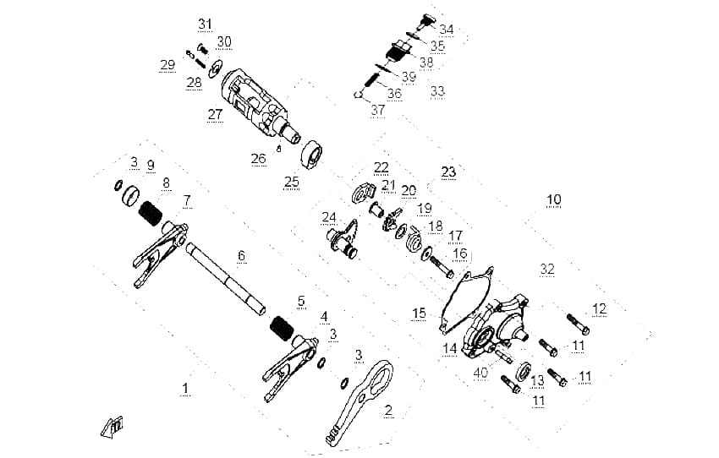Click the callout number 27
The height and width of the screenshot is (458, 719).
click(x=215, y=115)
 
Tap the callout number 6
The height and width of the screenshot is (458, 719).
click(x=242, y=255)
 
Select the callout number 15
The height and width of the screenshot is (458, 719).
click(x=419, y=314)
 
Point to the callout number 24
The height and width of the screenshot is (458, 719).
click(x=329, y=217)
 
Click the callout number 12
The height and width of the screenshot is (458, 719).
click(x=600, y=309)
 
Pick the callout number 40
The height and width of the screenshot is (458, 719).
click(x=480, y=373)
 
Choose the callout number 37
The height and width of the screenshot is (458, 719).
click(x=378, y=111)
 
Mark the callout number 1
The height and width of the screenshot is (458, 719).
click(x=184, y=389)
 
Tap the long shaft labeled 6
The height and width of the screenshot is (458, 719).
click(x=226, y=280)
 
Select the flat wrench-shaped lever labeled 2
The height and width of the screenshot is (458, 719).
click(x=360, y=403)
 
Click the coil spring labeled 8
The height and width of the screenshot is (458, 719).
click(x=151, y=214)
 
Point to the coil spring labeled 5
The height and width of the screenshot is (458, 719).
click(x=282, y=329)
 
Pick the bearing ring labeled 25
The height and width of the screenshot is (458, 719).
click(x=311, y=155)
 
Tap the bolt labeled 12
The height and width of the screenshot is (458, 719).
click(x=578, y=324)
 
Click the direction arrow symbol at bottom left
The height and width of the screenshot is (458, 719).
click(x=112, y=428)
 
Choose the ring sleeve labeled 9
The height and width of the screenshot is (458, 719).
click(x=129, y=195)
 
